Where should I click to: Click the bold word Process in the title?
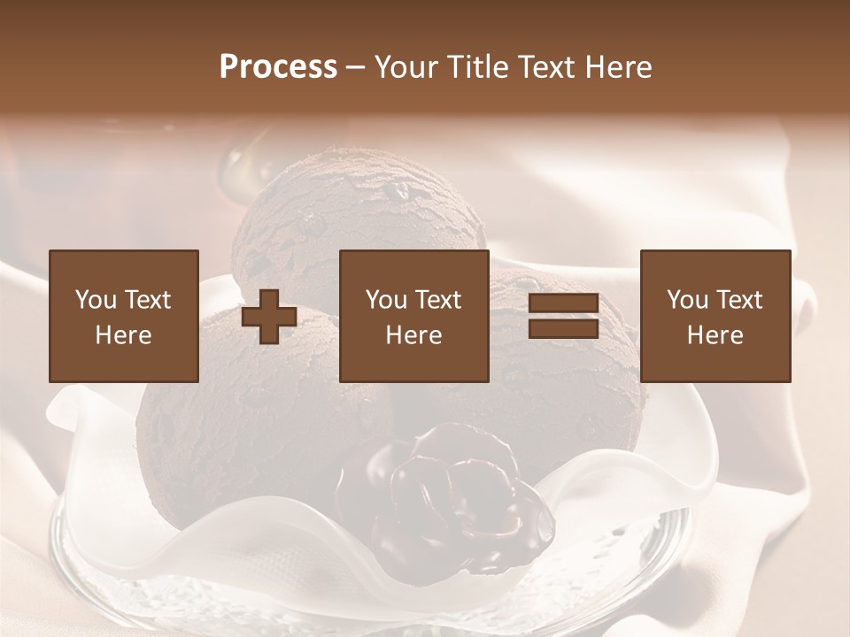278,67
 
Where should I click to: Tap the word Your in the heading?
406,67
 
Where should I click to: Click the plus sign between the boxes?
269,316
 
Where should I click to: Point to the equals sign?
563,316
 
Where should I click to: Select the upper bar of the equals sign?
563,303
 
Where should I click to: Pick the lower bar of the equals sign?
563,328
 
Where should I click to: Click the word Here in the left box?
123,335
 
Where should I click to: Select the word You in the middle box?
386,300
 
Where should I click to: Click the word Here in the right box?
715,335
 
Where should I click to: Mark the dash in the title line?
356,68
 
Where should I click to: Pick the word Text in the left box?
147,300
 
